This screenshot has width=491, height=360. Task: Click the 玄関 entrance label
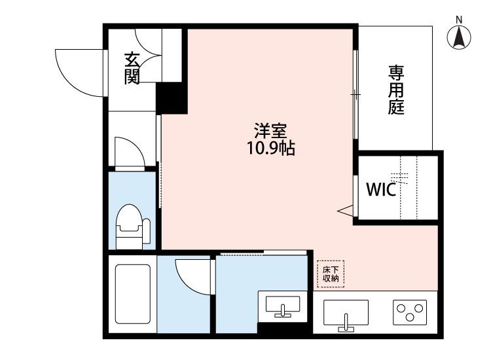(132, 69)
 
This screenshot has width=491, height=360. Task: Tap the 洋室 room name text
(270, 131)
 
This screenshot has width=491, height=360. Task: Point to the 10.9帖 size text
(271, 148)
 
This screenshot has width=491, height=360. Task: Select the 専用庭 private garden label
(396, 90)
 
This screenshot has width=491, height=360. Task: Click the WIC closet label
(381, 189)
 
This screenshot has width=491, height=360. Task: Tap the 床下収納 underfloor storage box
(331, 274)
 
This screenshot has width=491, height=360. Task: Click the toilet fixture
(133, 226)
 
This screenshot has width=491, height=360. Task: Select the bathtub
(133, 294)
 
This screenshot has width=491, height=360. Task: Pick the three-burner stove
(410, 312)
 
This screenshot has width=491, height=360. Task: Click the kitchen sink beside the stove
(346, 314)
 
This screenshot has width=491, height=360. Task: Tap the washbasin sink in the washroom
(283, 306)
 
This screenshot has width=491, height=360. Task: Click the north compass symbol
(459, 37)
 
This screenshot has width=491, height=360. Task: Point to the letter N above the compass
(459, 20)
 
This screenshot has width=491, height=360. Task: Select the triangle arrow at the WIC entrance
(345, 210)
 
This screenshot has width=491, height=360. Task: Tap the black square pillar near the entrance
(172, 98)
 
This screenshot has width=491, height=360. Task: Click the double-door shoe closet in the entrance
(149, 56)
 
